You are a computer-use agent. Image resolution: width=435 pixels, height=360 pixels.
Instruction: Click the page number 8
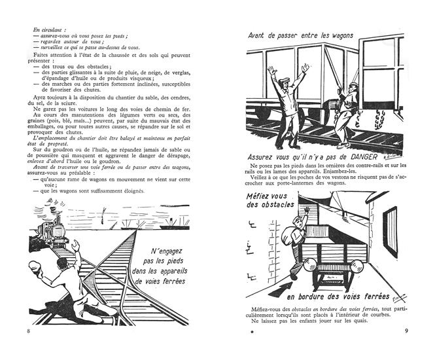point(29,331)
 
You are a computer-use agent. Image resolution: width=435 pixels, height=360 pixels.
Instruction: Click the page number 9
point(406,331)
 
